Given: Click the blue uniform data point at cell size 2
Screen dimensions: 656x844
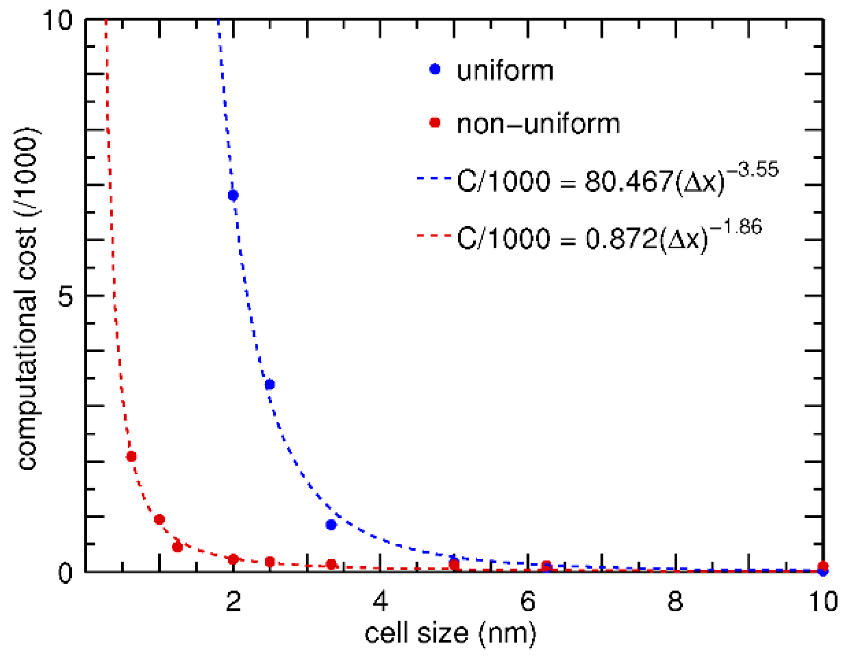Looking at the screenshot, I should pos(233,195).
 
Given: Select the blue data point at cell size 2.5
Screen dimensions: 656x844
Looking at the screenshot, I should pos(270,385).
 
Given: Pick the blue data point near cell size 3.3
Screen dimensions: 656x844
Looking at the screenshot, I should pos(331,525).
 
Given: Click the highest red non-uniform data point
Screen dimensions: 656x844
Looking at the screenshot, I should pos(131,456).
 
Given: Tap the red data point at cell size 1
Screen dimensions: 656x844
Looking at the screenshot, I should pos(159,519).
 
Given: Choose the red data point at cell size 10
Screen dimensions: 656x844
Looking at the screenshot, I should pos(823,566).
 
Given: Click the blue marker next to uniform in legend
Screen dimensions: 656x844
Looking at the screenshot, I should pos(435,69).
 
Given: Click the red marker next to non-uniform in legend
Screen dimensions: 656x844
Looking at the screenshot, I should pos(435,123).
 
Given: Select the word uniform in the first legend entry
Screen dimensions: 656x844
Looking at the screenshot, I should pos(505,70).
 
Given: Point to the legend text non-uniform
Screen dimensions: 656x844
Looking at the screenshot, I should pos(538,124).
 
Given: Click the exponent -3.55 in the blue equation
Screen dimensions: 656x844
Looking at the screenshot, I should pos(753,170).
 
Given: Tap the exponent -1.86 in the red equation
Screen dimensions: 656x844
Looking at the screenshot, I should pos(736,228).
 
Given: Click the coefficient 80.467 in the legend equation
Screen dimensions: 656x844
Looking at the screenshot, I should pos(628,181).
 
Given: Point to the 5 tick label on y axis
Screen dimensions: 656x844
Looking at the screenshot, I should pos(66,296).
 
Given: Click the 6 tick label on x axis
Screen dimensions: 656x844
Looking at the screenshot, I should pos(527,601).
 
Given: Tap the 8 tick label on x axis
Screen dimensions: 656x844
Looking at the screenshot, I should pos(675,601).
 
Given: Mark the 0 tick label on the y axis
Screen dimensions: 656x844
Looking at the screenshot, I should pos(66,573).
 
